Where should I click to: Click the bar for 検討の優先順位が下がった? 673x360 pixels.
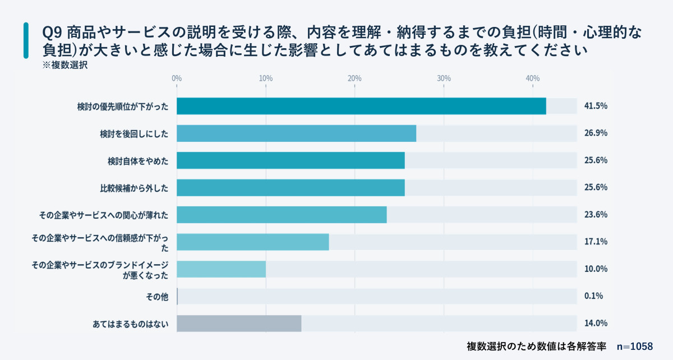(361, 106)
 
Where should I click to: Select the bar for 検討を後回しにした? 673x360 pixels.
(296, 133)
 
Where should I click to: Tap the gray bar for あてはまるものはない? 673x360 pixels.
(239, 324)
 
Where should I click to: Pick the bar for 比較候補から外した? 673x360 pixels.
(291, 188)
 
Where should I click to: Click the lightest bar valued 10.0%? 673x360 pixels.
(221, 269)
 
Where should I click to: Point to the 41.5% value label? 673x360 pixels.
(596, 106)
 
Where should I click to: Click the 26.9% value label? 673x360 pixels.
(596, 133)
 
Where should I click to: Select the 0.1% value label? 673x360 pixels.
(593, 296)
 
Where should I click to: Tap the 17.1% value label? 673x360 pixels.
(596, 242)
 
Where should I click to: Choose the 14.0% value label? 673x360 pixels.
(596, 324)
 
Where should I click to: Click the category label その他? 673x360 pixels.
(158, 297)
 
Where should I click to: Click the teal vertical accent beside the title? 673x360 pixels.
(26, 41)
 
